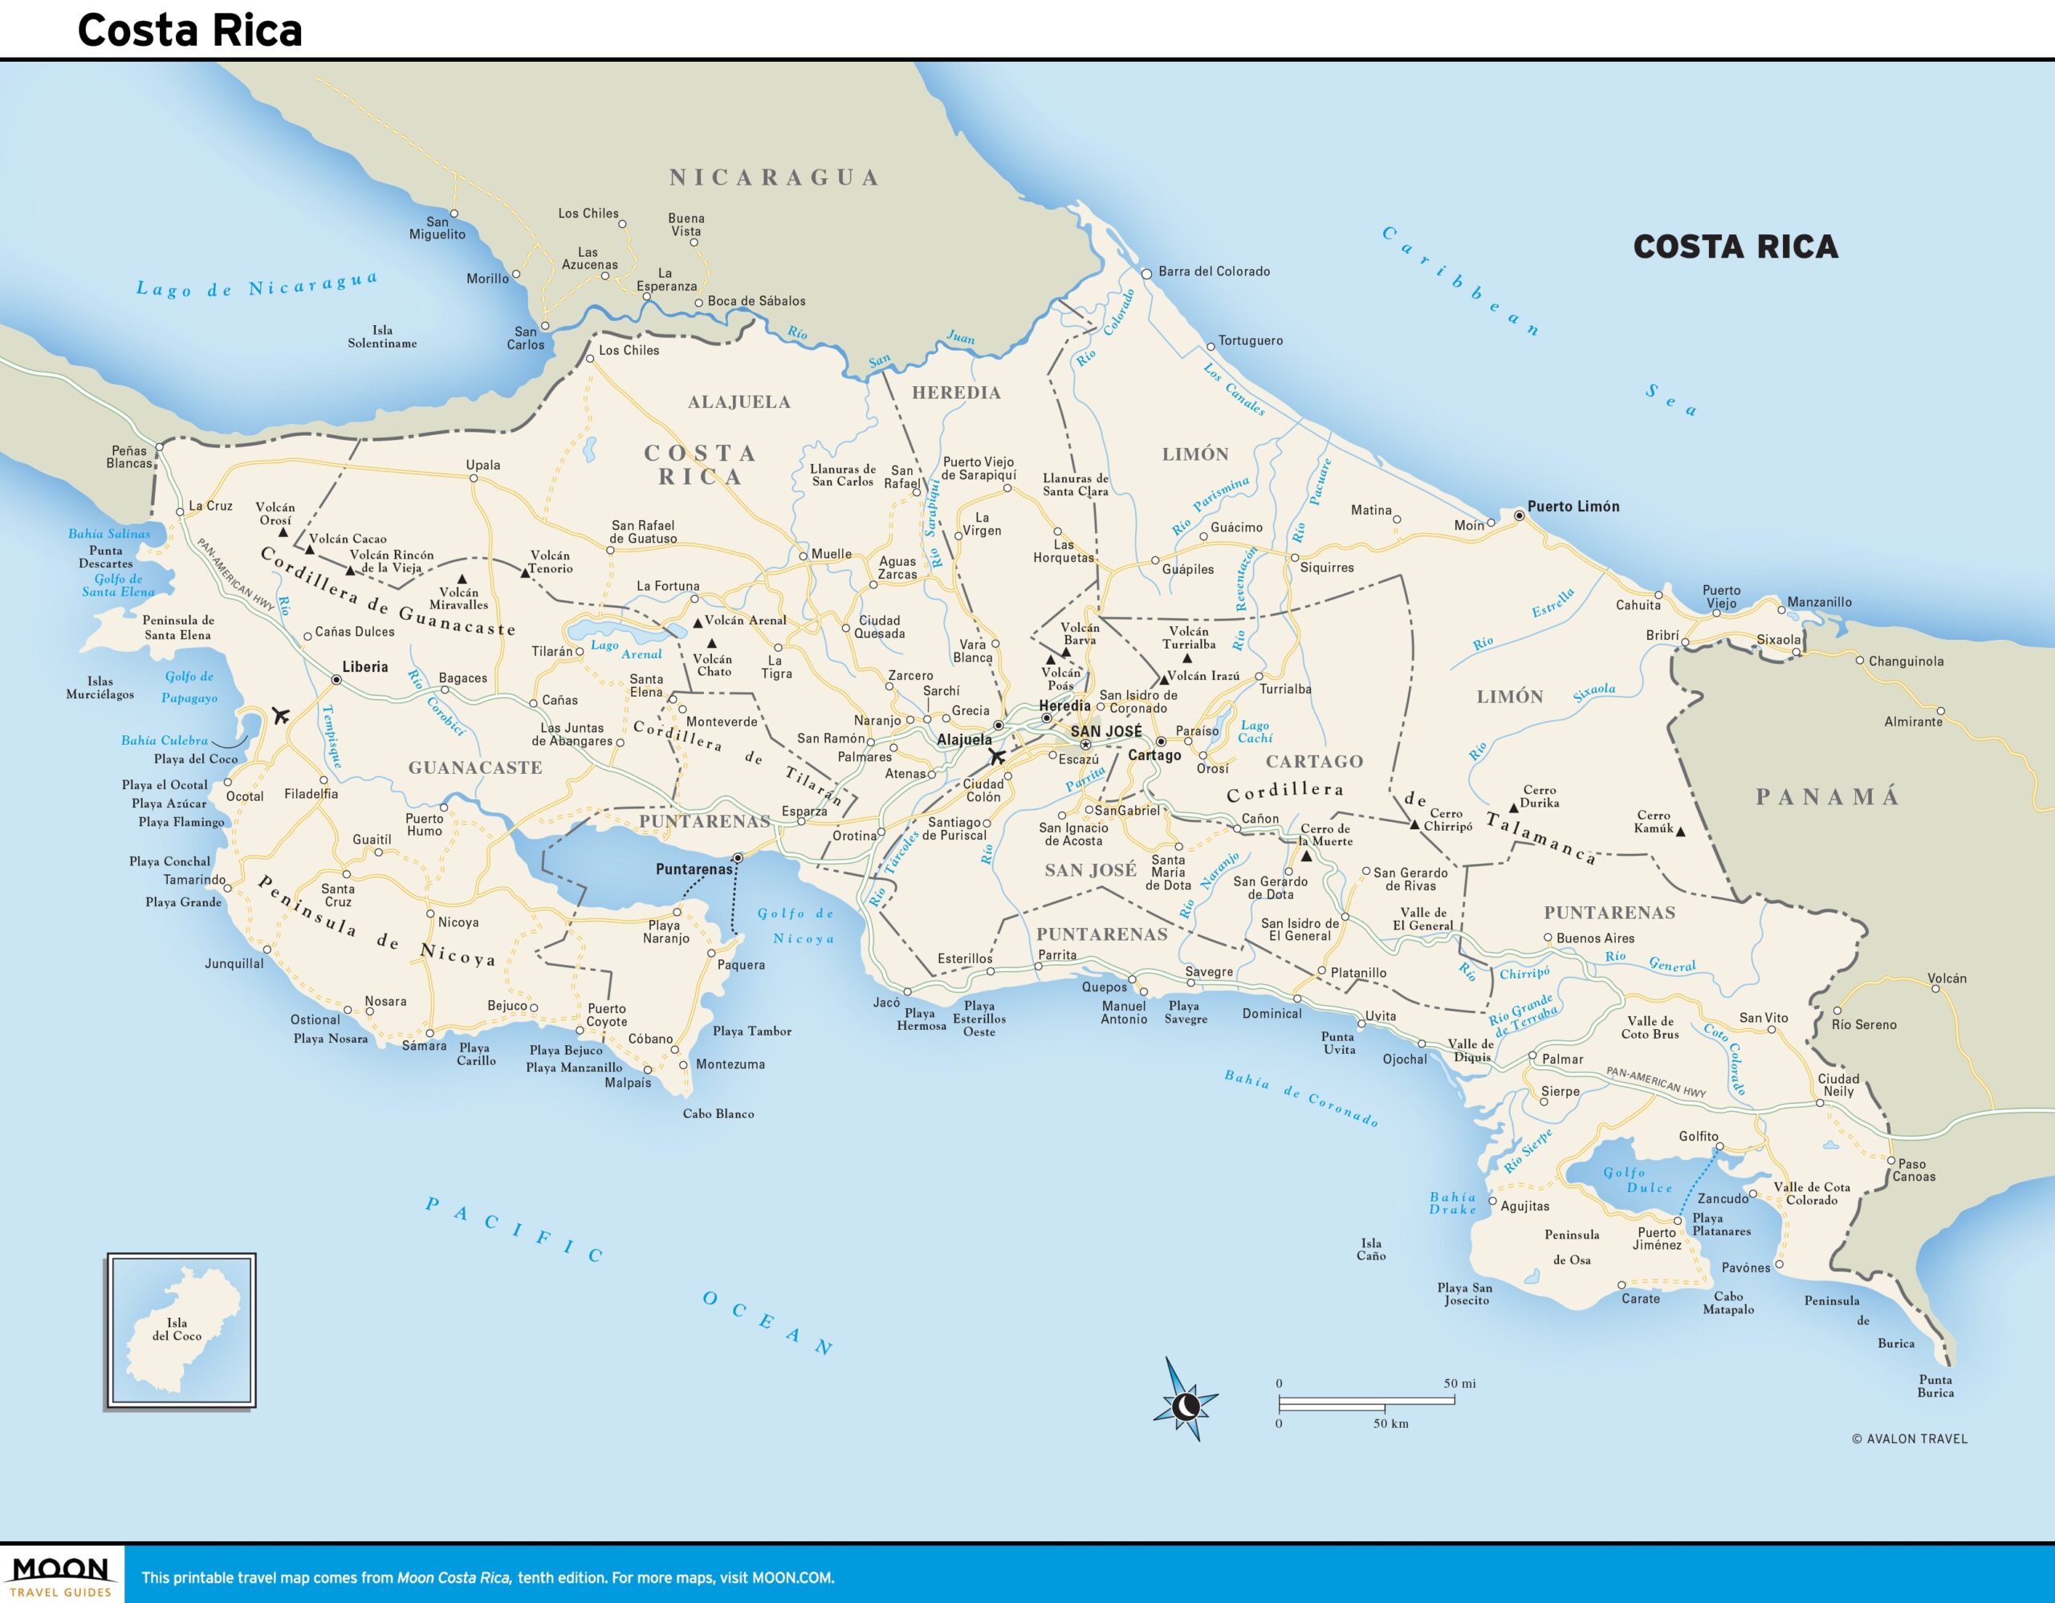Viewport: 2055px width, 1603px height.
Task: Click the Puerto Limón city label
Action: point(1573,507)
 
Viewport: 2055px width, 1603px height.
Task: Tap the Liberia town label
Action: point(364,667)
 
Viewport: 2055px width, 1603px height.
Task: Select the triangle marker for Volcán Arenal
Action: point(698,623)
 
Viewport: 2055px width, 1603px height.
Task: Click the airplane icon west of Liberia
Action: point(279,716)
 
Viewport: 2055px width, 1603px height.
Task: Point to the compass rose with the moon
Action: point(1185,1406)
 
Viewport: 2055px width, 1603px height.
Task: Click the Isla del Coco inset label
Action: point(177,1329)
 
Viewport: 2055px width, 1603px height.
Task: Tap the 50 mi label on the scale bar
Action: point(1459,1383)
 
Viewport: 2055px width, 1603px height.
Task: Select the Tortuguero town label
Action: point(1250,340)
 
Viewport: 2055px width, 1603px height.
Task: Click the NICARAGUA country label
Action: point(774,177)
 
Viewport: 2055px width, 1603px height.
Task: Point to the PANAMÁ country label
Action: point(1827,797)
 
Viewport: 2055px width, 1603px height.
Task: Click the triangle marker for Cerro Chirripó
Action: point(1414,825)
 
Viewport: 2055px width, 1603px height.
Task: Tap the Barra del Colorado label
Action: point(1214,271)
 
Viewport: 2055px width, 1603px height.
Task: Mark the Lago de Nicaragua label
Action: point(257,285)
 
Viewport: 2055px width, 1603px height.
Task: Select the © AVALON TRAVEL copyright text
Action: point(1909,1438)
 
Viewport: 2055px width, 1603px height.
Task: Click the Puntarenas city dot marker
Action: point(739,858)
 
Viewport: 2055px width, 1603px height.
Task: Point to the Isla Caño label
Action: point(1371,1249)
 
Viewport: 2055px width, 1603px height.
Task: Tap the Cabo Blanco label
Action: point(718,1114)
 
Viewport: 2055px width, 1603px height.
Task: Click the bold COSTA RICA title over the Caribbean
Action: point(1735,246)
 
